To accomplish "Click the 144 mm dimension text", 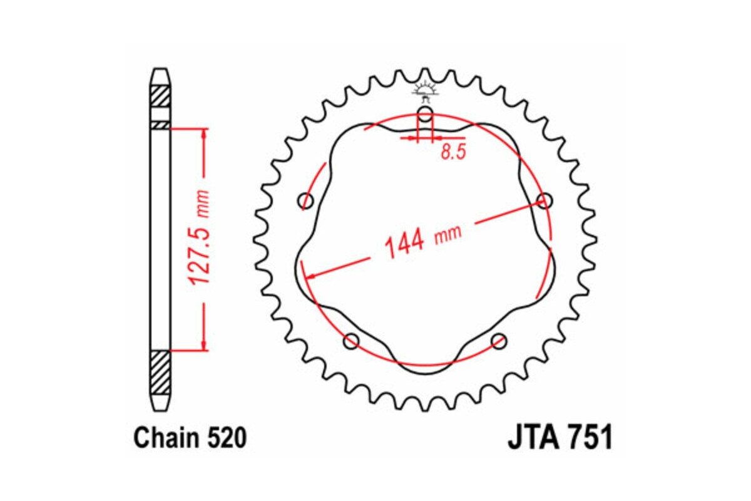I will coord(422,239).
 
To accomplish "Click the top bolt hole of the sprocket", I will coord(425,115).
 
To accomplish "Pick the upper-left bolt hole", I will coord(306,201).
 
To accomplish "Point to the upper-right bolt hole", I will coord(544,201).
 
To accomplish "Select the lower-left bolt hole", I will coord(352,341).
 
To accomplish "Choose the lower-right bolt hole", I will coord(499,341).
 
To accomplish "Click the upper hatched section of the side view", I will coord(161,95).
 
